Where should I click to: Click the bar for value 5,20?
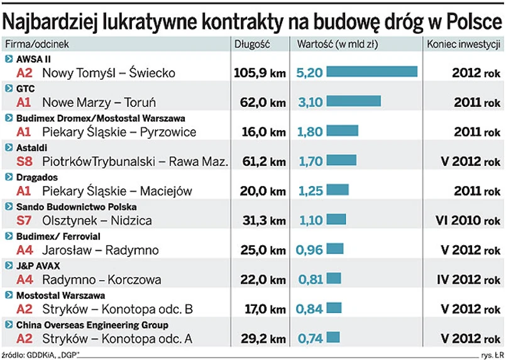(372, 72)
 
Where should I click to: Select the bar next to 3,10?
(355, 101)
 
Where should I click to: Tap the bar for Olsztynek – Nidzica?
(336, 219)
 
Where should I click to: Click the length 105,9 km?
(259, 72)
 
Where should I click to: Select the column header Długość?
(251, 44)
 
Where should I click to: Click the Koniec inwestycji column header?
(463, 44)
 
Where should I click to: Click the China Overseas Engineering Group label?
(92, 325)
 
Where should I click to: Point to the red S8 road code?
(24, 161)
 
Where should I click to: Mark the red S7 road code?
(24, 221)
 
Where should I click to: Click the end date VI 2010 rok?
(468, 221)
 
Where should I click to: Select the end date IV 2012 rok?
(468, 280)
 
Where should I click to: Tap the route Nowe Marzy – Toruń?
(99, 102)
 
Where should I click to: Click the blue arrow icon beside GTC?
(8, 89)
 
